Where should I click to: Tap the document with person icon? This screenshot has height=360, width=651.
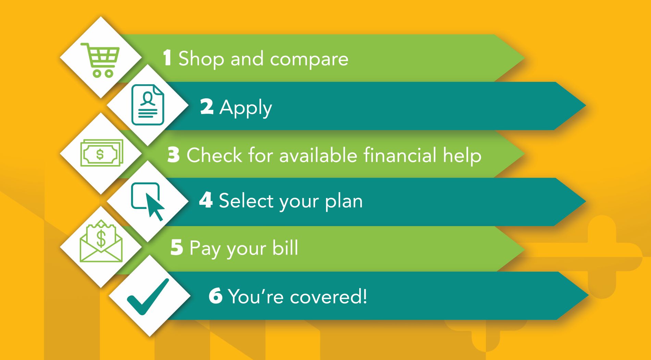pyautogui.click(x=148, y=105)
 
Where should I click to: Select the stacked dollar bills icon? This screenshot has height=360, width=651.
pyautogui.click(x=102, y=153)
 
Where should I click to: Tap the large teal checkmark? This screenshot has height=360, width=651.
pyautogui.click(x=148, y=297)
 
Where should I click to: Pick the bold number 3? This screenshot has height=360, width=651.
pyautogui.click(x=174, y=154)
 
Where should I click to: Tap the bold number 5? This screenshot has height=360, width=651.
pyautogui.click(x=177, y=247)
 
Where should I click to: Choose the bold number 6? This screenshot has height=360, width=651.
pyautogui.click(x=216, y=296)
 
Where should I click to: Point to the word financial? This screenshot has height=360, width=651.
pyautogui.click(x=400, y=155)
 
